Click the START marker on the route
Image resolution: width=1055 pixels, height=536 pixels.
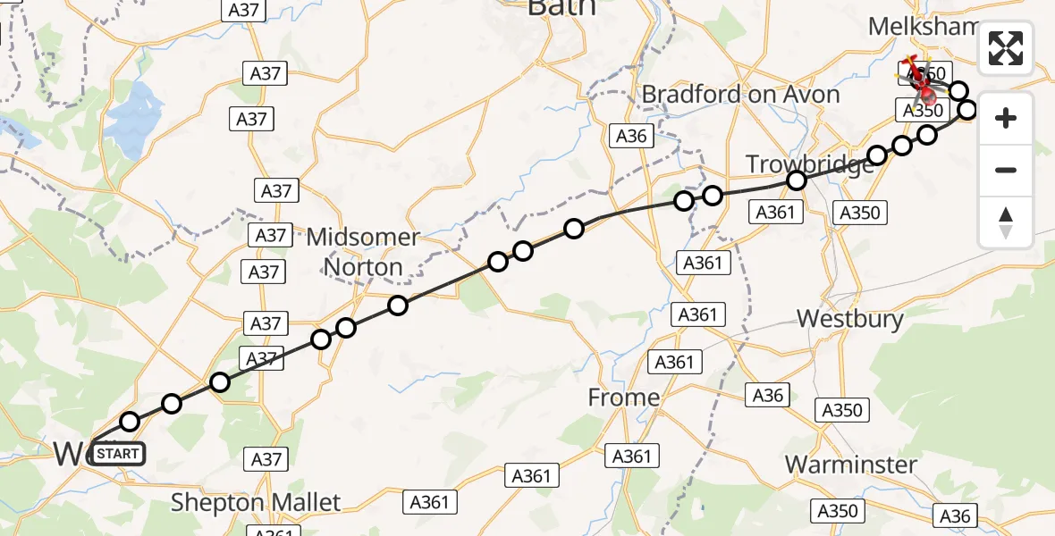tap(117, 454)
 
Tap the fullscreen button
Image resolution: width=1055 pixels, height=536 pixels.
tap(1006, 48)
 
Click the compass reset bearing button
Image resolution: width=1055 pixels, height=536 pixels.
tap(1006, 222)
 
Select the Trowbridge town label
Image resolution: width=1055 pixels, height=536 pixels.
tap(809, 164)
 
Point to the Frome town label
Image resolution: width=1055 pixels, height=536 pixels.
tap(624, 398)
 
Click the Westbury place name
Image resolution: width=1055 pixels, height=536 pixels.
tap(849, 319)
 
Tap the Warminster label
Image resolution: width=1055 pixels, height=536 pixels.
tap(850, 465)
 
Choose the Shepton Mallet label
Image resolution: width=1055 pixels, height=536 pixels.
tap(256, 502)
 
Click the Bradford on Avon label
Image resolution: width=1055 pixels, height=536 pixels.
tap(740, 95)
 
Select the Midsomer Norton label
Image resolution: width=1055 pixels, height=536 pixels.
tap(362, 252)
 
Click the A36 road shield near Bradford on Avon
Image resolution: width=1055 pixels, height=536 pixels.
tap(631, 136)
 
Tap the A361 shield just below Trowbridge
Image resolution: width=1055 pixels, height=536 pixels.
tap(775, 212)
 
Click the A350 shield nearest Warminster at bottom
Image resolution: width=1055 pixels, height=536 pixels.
tap(838, 510)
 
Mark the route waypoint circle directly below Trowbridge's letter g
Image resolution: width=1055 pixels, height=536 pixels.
tap(797, 180)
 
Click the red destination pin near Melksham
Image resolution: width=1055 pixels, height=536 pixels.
tap(926, 91)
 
